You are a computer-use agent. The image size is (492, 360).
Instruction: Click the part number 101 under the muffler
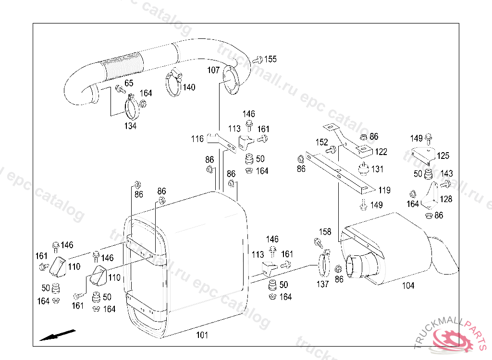[202, 335]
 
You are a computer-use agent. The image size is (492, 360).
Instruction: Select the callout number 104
[408, 286]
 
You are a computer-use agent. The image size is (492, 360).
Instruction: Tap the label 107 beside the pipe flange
[213, 70]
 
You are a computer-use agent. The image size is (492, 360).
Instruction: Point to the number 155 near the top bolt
[271, 59]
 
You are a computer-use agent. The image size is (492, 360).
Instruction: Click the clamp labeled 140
[173, 82]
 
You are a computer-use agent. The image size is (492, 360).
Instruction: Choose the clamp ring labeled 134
[132, 107]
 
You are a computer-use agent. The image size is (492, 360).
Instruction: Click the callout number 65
[129, 83]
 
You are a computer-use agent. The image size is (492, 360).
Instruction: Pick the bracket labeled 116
[221, 143]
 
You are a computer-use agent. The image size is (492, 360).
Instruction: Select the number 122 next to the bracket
[381, 152]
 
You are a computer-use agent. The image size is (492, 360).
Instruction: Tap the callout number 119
[384, 191]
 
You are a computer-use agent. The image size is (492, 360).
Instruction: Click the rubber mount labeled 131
[363, 169]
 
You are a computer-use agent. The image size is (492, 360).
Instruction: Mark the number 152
[321, 143]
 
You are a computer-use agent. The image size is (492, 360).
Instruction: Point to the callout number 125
[443, 156]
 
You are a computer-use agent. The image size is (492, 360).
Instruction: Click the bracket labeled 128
[430, 195]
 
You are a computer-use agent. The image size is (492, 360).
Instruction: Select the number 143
[446, 174]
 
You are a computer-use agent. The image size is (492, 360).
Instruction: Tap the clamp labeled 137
[324, 264]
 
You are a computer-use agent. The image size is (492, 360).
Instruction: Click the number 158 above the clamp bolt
[325, 232]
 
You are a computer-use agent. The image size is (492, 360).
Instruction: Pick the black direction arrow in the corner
[58, 335]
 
